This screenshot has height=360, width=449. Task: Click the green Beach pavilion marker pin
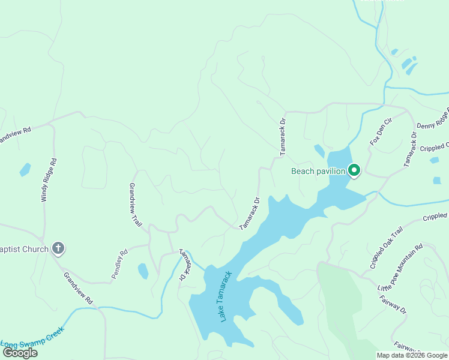(354, 171)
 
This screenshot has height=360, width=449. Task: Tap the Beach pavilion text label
(318, 171)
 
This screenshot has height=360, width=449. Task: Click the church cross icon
(58, 248)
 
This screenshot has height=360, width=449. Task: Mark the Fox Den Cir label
(381, 133)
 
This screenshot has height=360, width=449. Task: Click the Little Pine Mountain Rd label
(400, 268)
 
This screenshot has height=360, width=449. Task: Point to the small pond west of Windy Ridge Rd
(25, 170)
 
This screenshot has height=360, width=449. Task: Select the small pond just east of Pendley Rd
(143, 271)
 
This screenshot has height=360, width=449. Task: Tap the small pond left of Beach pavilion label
(319, 151)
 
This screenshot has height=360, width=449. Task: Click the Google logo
(20, 353)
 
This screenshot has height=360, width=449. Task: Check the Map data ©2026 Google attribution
(411, 355)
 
